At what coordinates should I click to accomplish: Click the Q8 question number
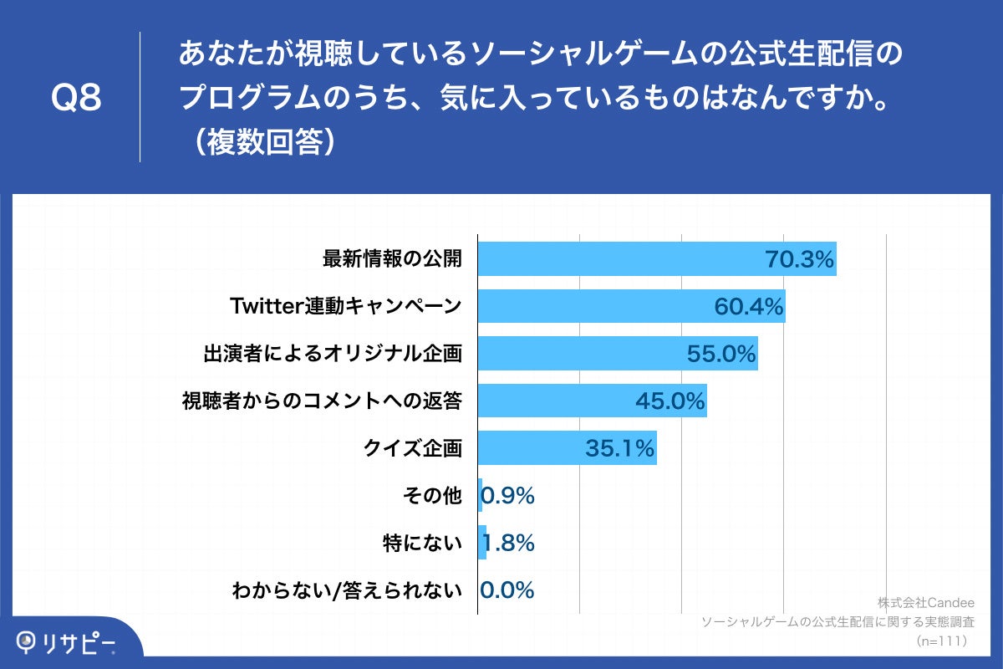(76, 99)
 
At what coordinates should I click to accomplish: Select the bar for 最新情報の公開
(656, 259)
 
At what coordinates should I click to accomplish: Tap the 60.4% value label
(748, 307)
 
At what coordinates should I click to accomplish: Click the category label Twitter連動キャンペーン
(345, 307)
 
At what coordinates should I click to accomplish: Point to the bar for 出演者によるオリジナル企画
(617, 354)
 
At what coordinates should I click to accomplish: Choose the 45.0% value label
(670, 401)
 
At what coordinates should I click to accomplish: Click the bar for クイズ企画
(567, 448)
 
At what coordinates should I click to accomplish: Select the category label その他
(432, 496)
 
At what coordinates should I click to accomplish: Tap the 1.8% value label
(509, 544)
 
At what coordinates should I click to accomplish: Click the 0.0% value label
(507, 590)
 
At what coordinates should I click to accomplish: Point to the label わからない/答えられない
(346, 591)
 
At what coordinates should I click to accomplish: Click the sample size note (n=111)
(941, 641)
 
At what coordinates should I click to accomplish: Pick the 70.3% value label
(800, 260)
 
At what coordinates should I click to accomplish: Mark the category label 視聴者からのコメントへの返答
(322, 401)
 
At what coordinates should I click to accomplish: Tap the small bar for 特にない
(482, 544)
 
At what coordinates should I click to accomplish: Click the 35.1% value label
(619, 449)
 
